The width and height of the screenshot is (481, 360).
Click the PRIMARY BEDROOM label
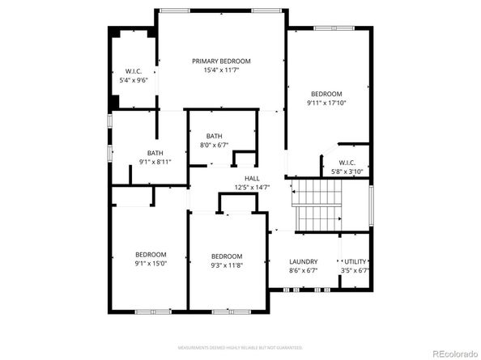(x=221, y=61)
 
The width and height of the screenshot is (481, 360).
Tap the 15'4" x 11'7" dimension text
(x=221, y=70)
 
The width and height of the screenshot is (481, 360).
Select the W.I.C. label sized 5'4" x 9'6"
(x=134, y=71)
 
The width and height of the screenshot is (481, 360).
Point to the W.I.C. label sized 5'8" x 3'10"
(x=348, y=163)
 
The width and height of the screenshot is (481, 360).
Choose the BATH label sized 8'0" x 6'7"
(x=214, y=136)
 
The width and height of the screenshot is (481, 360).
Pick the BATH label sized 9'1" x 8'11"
(x=155, y=153)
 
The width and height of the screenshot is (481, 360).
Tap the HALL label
(x=252, y=178)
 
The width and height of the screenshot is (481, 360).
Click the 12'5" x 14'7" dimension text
(x=252, y=187)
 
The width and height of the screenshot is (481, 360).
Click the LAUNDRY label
(x=303, y=262)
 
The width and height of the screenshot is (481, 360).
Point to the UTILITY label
(x=355, y=262)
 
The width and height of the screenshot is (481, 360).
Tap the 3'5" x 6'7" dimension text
(x=355, y=271)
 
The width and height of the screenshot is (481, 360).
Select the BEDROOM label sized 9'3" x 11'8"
(x=227, y=256)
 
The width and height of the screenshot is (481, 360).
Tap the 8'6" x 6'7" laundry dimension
(x=303, y=271)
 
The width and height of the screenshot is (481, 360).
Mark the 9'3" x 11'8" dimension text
(x=227, y=265)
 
